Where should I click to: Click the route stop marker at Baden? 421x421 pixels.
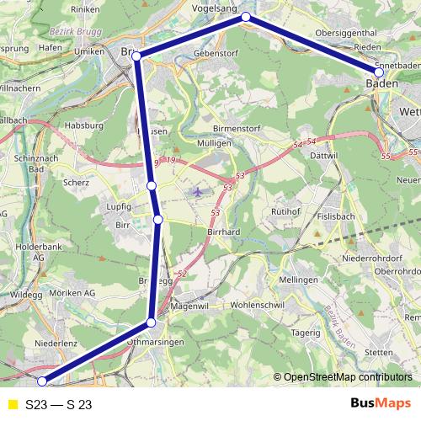[x=379, y=72]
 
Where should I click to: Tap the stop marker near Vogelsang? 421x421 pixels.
[x=246, y=17]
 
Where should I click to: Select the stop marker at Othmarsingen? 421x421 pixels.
[x=152, y=322]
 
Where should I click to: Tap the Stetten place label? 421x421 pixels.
[x=381, y=352]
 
